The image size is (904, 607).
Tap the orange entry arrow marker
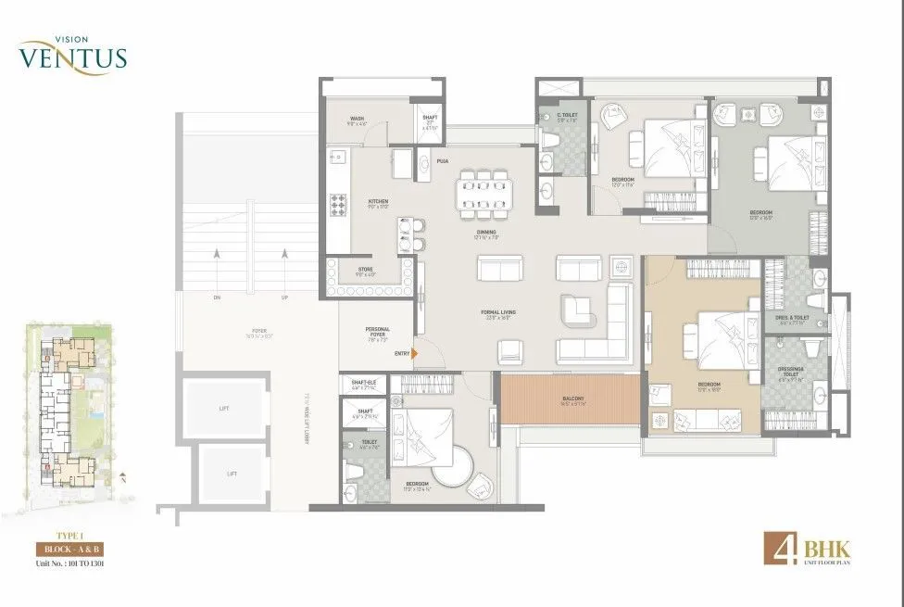pos(416,353)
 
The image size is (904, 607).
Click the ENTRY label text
pos(402,353)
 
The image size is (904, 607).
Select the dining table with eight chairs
pos(486,192)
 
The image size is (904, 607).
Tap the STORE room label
pos(365,270)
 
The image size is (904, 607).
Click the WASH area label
pos(357,119)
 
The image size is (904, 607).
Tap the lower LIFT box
pos(232,474)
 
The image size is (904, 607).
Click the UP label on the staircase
pos(284,297)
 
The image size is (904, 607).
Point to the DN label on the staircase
pos(217,297)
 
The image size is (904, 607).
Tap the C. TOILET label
pos(568,116)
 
